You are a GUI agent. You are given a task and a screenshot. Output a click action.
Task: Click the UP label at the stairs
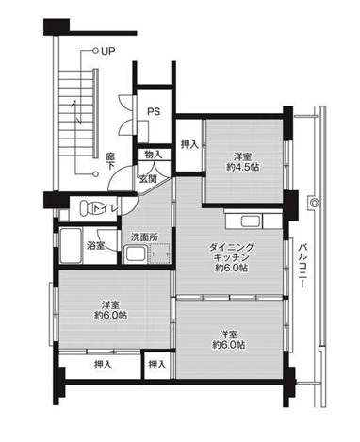[x=107, y=51]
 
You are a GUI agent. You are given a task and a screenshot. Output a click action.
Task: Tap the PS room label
[x=154, y=111]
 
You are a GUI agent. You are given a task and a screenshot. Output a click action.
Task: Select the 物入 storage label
[x=153, y=155]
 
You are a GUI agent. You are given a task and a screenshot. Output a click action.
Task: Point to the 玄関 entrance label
[x=148, y=178]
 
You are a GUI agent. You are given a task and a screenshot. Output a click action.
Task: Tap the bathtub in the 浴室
[x=71, y=246]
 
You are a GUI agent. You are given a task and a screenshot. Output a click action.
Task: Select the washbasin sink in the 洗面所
[x=136, y=254]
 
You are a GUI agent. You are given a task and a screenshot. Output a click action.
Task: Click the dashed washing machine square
[x=160, y=254]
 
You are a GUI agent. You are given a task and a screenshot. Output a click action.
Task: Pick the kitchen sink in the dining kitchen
[x=251, y=221]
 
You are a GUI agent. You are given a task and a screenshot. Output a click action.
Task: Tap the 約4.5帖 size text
[x=243, y=167]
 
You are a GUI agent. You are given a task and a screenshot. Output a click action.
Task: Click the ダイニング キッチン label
[x=231, y=253]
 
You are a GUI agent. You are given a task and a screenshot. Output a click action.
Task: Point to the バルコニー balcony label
[x=303, y=266]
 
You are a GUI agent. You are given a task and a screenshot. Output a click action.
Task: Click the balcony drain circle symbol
[x=314, y=203]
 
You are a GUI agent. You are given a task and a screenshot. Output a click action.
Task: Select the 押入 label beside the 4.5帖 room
[x=189, y=144]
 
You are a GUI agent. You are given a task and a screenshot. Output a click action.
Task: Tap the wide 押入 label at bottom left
[x=103, y=365]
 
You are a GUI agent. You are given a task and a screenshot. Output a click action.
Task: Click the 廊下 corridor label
[x=109, y=161]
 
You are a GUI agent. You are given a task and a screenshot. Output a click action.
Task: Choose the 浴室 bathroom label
[x=96, y=245]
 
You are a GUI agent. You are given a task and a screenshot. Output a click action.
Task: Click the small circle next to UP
[x=95, y=50]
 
